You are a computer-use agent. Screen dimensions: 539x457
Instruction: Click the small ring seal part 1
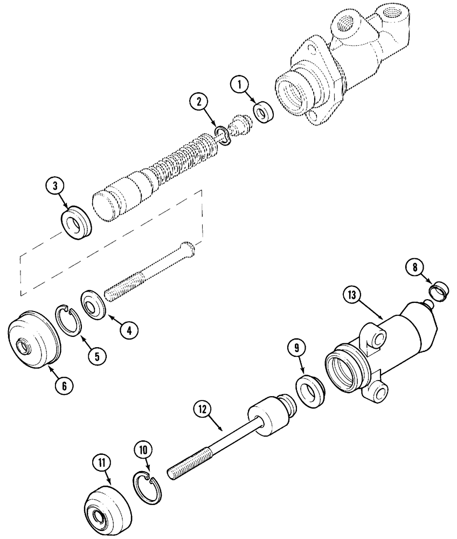(x=262, y=113)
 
